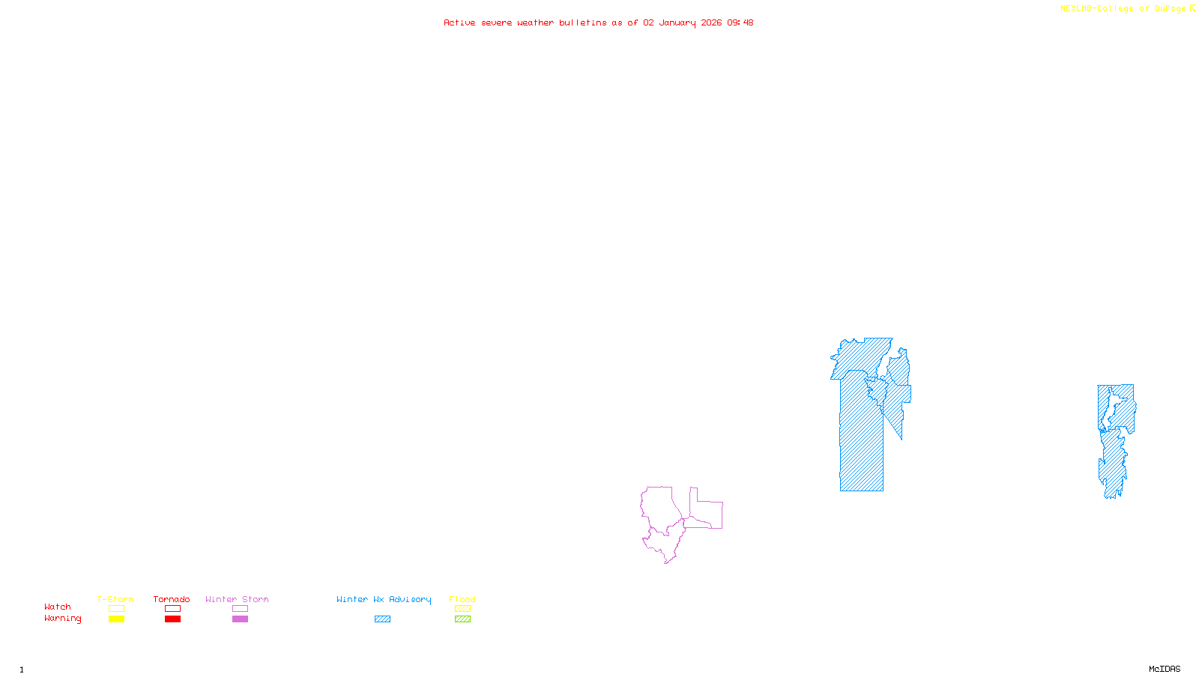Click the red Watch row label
tap(58, 607)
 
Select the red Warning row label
tap(62, 619)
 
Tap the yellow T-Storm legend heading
tap(115, 599)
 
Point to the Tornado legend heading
tap(172, 599)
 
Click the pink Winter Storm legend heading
tap(237, 599)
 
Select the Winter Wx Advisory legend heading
tap(384, 599)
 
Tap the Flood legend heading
tap(462, 599)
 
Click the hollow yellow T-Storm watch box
tap(116, 609)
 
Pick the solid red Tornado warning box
tap(172, 619)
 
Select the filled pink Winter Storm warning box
tap(240, 619)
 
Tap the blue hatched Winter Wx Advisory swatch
tap(382, 619)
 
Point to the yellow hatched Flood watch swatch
tap(462, 609)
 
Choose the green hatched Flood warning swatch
tap(462, 619)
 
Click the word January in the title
tap(677, 23)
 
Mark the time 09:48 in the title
tap(740, 23)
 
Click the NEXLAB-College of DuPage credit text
tap(1123, 9)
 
